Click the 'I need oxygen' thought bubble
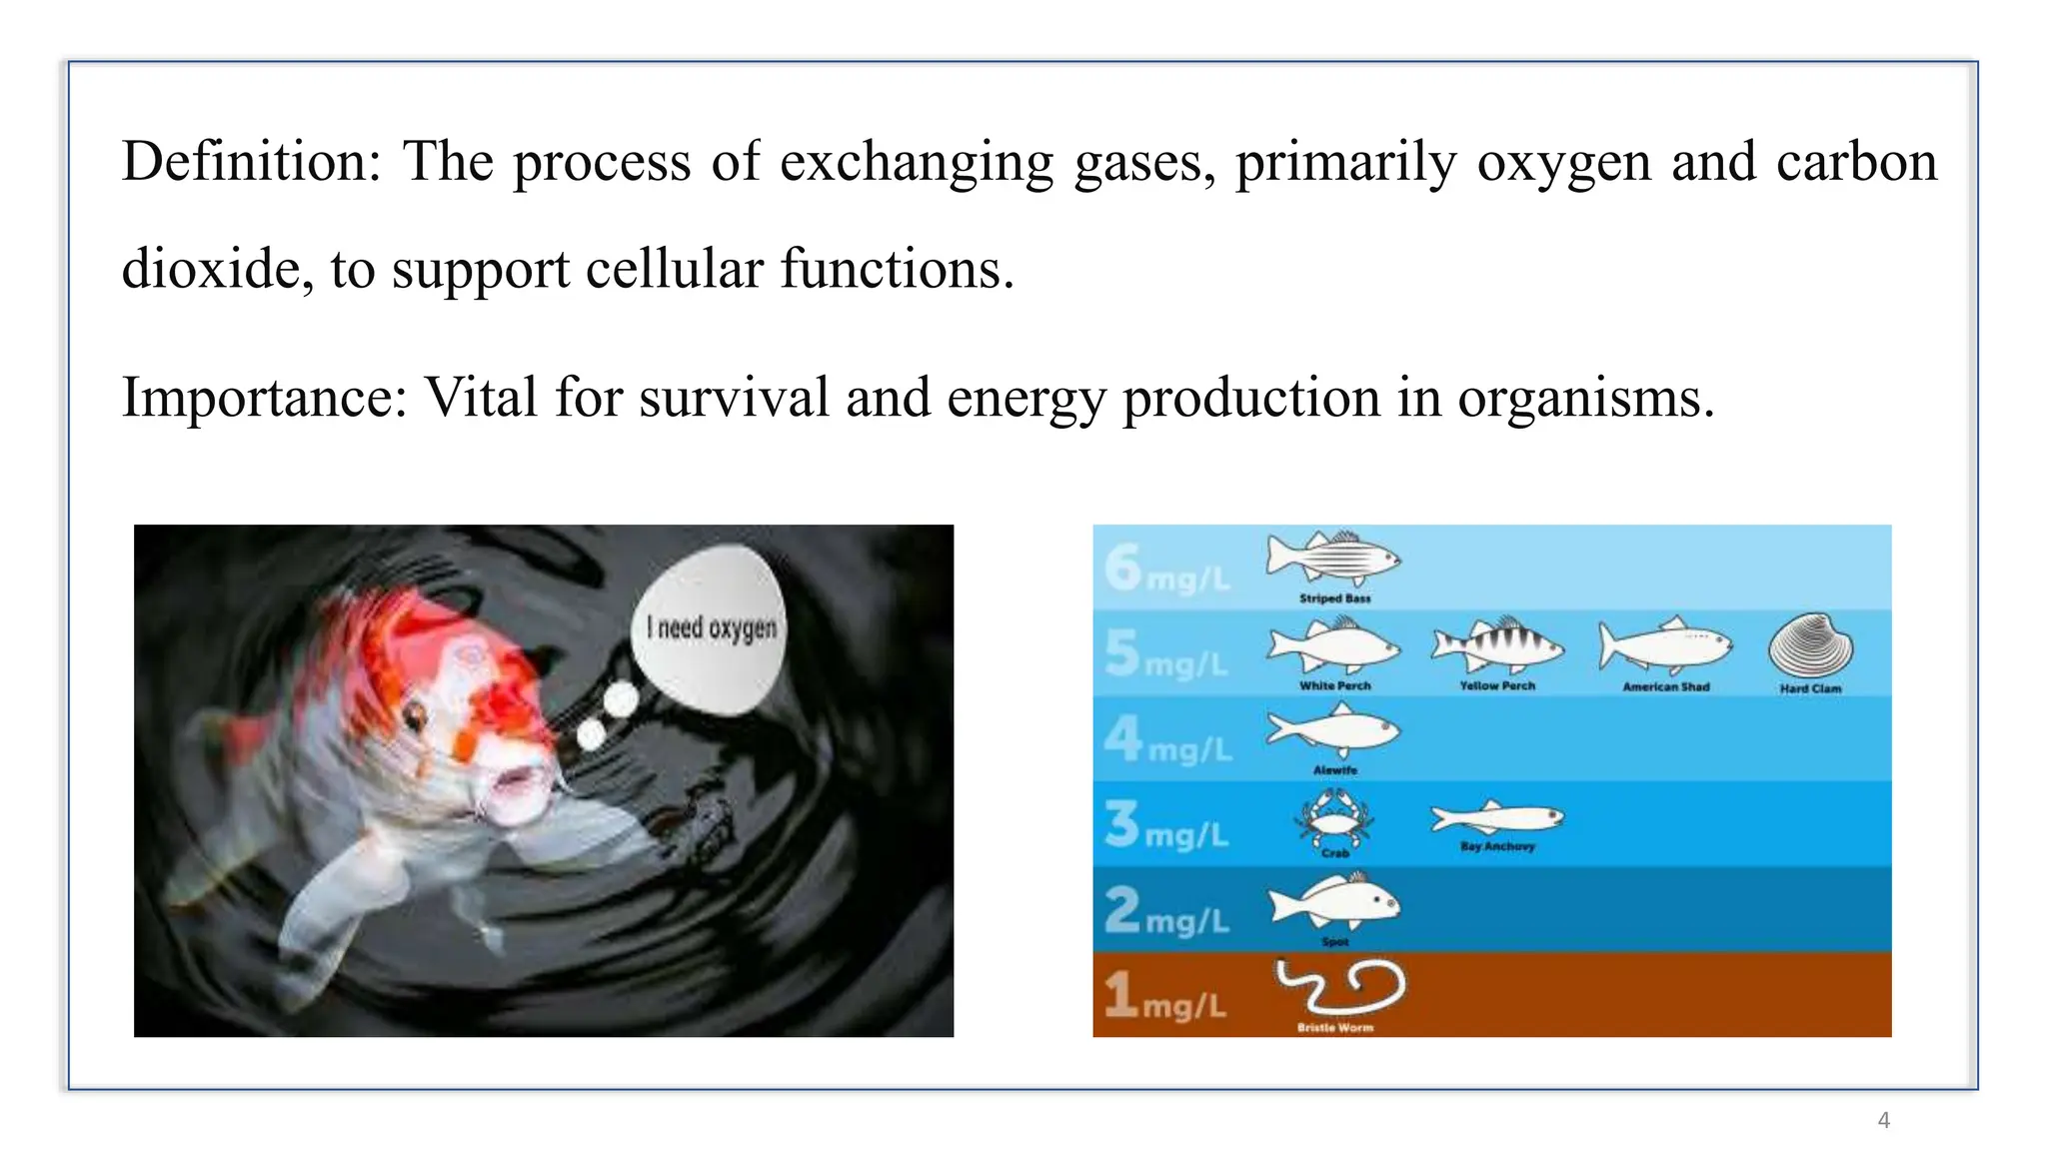[711, 627]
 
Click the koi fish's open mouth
[516, 780]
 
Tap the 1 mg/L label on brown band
[1164, 996]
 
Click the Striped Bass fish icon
[1333, 559]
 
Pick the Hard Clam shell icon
[1810, 646]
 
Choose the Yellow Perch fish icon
[1496, 645]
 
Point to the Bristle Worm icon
[1340, 987]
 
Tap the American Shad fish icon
[1664, 645]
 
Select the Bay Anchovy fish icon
[1496, 818]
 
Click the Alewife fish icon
[1333, 731]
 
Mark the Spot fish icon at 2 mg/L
[1335, 903]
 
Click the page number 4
[1883, 1120]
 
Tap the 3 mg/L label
[1166, 825]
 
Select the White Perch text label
[1334, 686]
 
